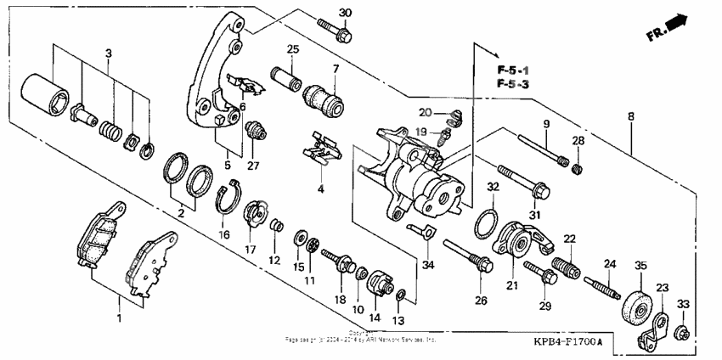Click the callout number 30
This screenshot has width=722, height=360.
(344, 12)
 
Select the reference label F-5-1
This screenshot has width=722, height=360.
(513, 68)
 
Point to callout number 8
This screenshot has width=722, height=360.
(630, 117)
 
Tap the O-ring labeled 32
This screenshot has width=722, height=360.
(485, 224)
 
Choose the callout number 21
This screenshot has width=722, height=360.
(512, 286)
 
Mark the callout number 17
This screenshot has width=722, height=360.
(250, 250)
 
